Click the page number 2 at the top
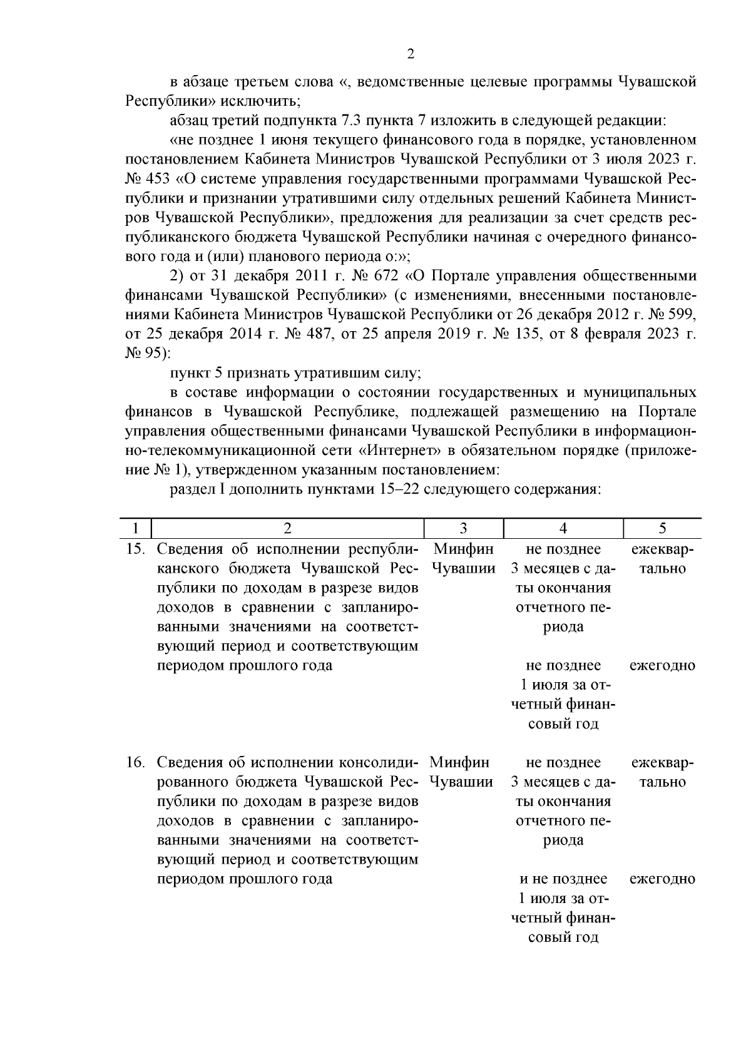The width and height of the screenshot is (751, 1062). coord(411,54)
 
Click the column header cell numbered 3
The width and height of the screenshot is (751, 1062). coord(464,528)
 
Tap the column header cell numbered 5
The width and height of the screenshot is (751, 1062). coord(662,528)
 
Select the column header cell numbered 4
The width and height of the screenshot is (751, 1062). coord(563,528)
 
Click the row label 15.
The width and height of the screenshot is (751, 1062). coord(135,549)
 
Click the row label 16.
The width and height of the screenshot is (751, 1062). coord(135,762)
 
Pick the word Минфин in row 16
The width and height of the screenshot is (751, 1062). coord(461,762)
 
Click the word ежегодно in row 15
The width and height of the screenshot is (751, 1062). coord(662,665)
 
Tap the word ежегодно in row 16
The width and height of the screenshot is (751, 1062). coord(662,879)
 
